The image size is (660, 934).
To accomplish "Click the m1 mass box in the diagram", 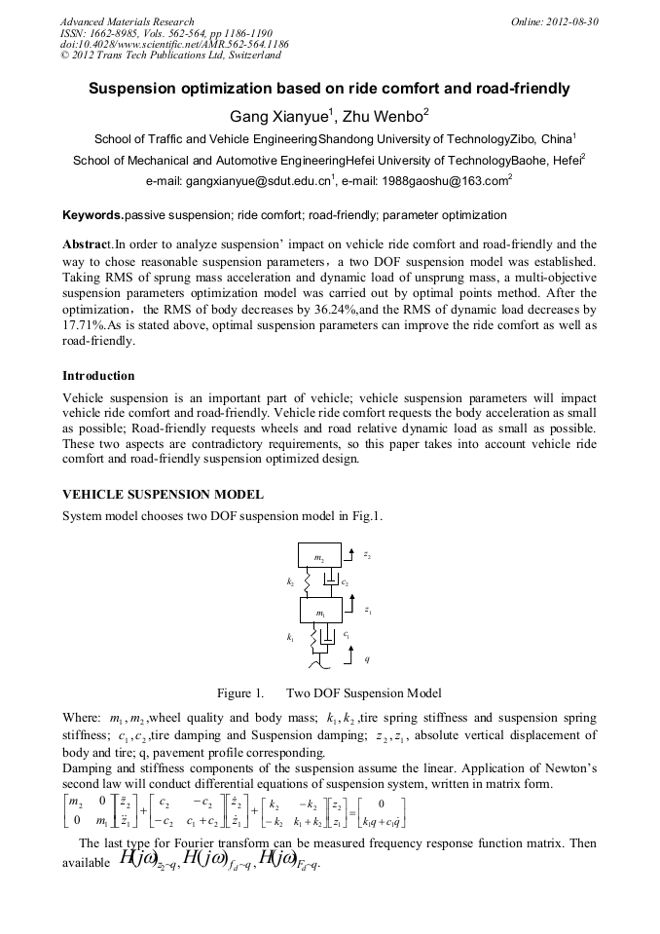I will click(x=319, y=613).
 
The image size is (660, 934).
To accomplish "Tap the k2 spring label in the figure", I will click(x=290, y=581).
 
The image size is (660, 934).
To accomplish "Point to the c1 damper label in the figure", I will click(x=346, y=634).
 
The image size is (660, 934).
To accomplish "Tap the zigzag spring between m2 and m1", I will click(x=305, y=582).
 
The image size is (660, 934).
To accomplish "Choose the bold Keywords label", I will click(x=92, y=215).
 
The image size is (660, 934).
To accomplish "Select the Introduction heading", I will click(x=98, y=376).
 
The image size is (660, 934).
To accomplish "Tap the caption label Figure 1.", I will click(x=239, y=693).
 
